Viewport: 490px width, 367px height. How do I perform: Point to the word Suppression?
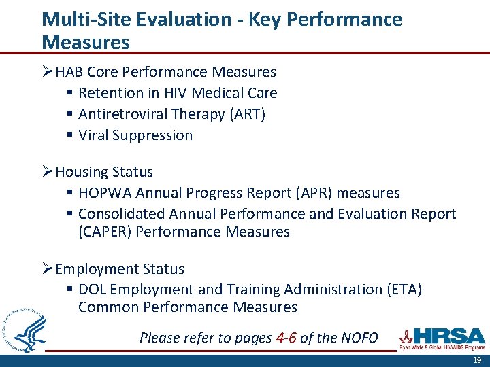(154, 135)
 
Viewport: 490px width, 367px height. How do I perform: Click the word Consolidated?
(122, 214)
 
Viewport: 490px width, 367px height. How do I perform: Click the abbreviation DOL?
(93, 290)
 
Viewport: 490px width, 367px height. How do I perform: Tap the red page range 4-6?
(286, 338)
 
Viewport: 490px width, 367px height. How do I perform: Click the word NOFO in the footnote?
(358, 338)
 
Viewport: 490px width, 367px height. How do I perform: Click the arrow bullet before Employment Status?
(47, 269)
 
